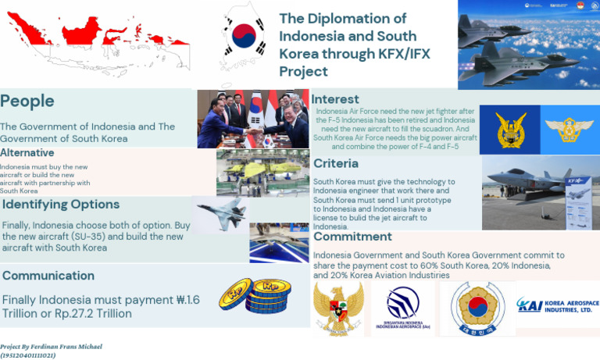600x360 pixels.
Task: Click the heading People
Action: tap(27, 102)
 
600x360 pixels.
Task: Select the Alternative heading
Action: tap(27, 153)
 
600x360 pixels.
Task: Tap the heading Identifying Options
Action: tap(62, 205)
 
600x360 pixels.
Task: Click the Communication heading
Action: tap(48, 276)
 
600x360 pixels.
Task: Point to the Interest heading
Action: tap(335, 99)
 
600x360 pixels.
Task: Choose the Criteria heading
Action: tap(336, 163)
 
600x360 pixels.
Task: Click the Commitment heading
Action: tap(352, 237)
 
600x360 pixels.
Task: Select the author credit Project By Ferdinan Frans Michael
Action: tap(52, 346)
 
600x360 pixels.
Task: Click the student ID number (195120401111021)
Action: tap(28, 355)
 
